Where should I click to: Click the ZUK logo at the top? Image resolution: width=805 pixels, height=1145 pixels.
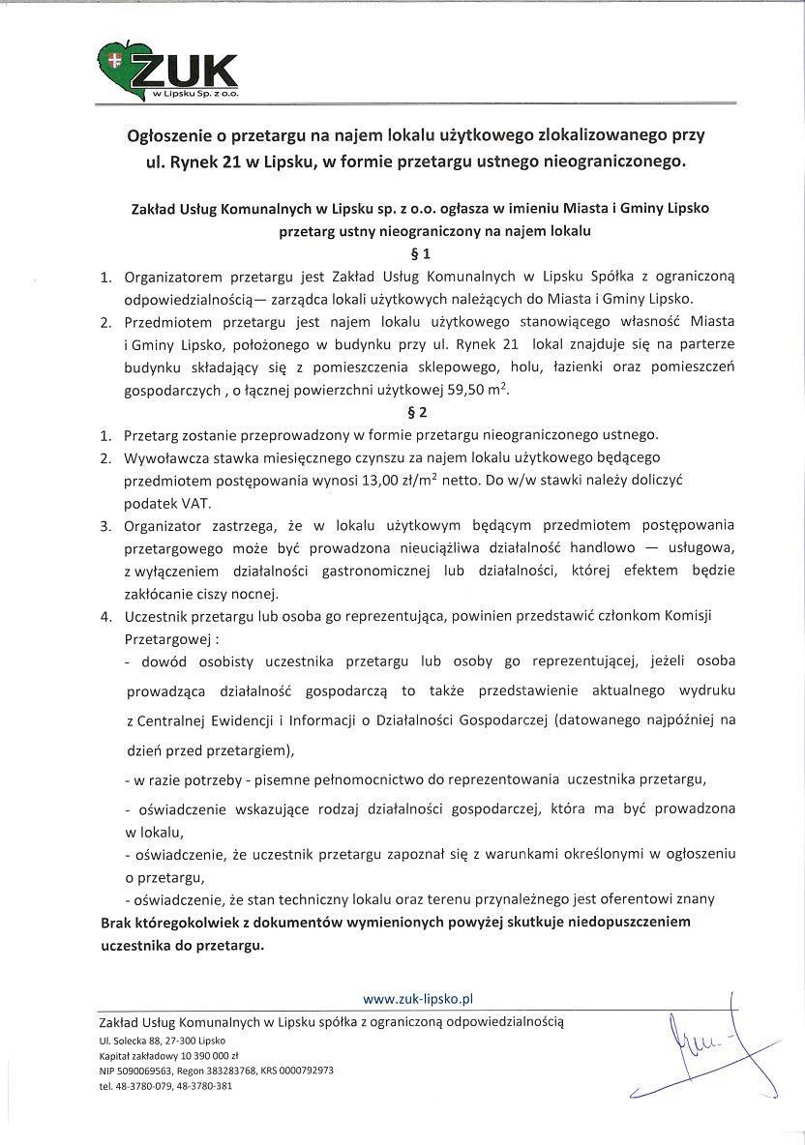tap(168, 73)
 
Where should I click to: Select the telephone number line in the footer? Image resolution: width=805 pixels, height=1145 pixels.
tap(165, 1086)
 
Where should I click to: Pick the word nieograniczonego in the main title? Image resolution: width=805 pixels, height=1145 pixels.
tap(611, 162)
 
